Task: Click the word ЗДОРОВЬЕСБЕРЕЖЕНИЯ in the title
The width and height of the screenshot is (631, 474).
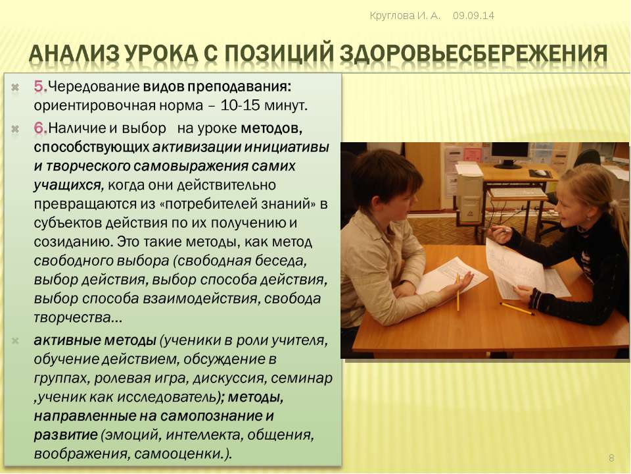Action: pyautogui.click(x=474, y=53)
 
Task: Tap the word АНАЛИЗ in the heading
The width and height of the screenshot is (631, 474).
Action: pyautogui.click(x=74, y=53)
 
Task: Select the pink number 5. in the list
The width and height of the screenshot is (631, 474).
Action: pyautogui.click(x=41, y=86)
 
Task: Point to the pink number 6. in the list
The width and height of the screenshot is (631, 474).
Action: pyautogui.click(x=41, y=128)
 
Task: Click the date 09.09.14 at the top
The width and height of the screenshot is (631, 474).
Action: pyautogui.click(x=473, y=16)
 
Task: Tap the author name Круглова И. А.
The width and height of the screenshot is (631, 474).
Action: pyautogui.click(x=406, y=16)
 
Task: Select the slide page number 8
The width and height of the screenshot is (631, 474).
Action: pyautogui.click(x=611, y=458)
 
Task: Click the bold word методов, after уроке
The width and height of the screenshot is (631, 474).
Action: pyautogui.click(x=271, y=128)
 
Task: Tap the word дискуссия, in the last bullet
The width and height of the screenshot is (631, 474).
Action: pyautogui.click(x=229, y=378)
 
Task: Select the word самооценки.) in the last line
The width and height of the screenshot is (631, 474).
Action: pyautogui.click(x=183, y=454)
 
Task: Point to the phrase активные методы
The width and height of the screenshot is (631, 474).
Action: pyautogui.click(x=95, y=340)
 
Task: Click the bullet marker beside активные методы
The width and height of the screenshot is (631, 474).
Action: pyautogui.click(x=15, y=341)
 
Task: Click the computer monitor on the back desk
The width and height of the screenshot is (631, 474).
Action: pyautogui.click(x=509, y=155)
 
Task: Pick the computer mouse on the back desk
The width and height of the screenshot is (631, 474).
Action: pyautogui.click(x=541, y=172)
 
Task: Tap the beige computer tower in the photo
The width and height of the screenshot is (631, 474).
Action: pyautogui.click(x=469, y=194)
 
